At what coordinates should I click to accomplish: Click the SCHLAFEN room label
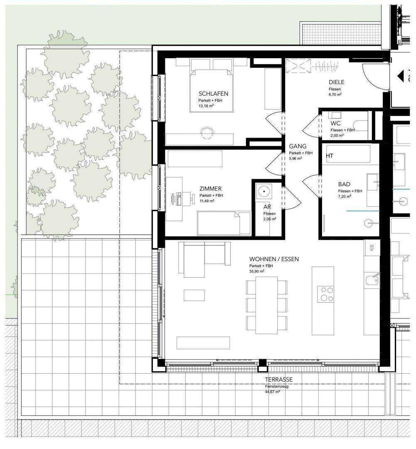point(213,94)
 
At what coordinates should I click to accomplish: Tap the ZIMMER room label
point(210,189)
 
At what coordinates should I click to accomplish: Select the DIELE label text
point(336,82)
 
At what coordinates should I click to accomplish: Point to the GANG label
point(298,146)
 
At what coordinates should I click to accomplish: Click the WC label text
point(335,123)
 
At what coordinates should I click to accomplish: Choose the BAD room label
point(344,185)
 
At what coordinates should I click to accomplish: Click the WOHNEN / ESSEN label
point(274,259)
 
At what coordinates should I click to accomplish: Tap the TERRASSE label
point(278,380)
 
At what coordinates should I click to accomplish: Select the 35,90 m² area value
point(257,271)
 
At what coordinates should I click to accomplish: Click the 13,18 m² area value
point(206,106)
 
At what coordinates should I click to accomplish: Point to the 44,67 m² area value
point(272,392)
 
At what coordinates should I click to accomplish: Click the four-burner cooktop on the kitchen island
point(325,294)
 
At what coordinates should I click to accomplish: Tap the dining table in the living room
point(266,305)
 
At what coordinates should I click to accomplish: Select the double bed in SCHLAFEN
point(211,90)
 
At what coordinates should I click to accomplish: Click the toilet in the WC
point(360,126)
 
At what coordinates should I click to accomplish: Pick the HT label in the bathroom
point(330,156)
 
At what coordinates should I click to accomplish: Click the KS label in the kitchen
point(372,247)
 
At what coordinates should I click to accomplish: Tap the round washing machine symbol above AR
point(263,191)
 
